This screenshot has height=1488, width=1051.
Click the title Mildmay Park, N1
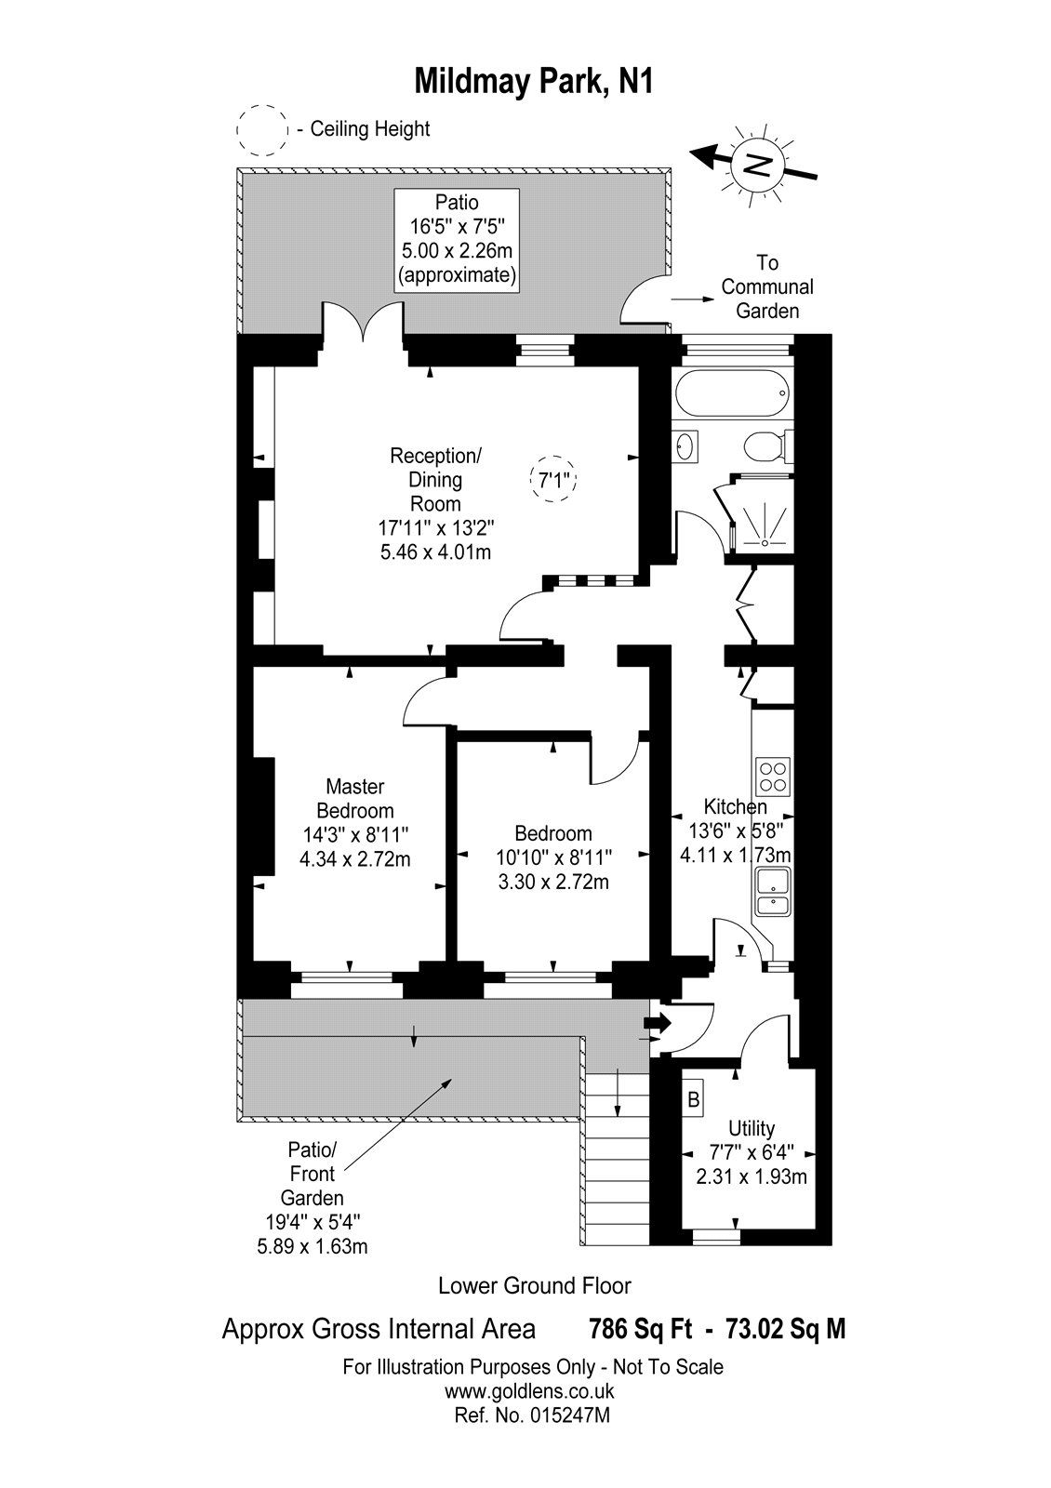click(x=533, y=82)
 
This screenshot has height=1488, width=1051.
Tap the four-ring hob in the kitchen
click(x=773, y=776)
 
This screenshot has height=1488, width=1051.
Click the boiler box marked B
click(x=693, y=1099)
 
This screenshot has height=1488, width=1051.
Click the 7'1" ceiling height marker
click(x=553, y=480)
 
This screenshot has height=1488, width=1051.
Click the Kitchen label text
click(x=735, y=806)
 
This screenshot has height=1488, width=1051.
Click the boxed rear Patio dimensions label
click(x=457, y=239)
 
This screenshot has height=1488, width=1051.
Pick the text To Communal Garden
click(x=767, y=287)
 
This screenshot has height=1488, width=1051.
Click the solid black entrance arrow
click(x=658, y=1023)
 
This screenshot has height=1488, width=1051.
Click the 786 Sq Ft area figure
click(x=641, y=1329)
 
